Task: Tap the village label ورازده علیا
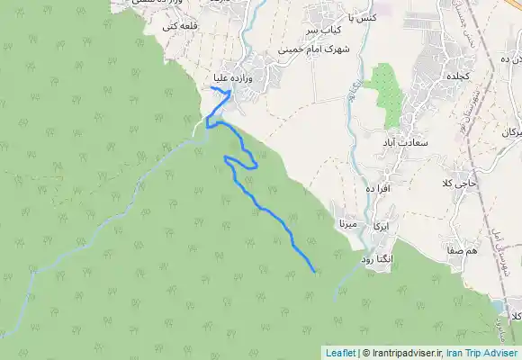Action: [240, 79]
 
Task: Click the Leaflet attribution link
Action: [340, 353]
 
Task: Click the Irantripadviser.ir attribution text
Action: [402, 353]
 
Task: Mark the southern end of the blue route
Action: [314, 270]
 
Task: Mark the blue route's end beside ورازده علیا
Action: [211, 88]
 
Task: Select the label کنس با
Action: [360, 17]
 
